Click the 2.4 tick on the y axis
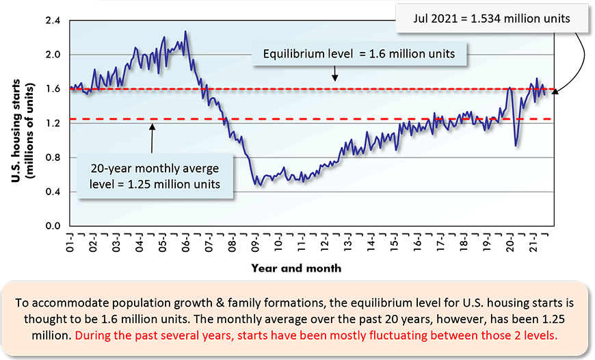tap(53, 21)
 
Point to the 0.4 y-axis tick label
tap(53, 192)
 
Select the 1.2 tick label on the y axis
tap(53, 123)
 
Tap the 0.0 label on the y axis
tap(53, 226)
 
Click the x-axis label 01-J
tap(70, 242)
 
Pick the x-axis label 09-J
tap(255, 242)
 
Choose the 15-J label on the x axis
tap(395, 242)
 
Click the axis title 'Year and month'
tap(296, 268)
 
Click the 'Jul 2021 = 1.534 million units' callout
tap(492, 18)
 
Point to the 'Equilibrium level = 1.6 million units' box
tap(360, 53)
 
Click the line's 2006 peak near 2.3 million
tap(185, 31)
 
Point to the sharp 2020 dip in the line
tap(516, 145)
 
